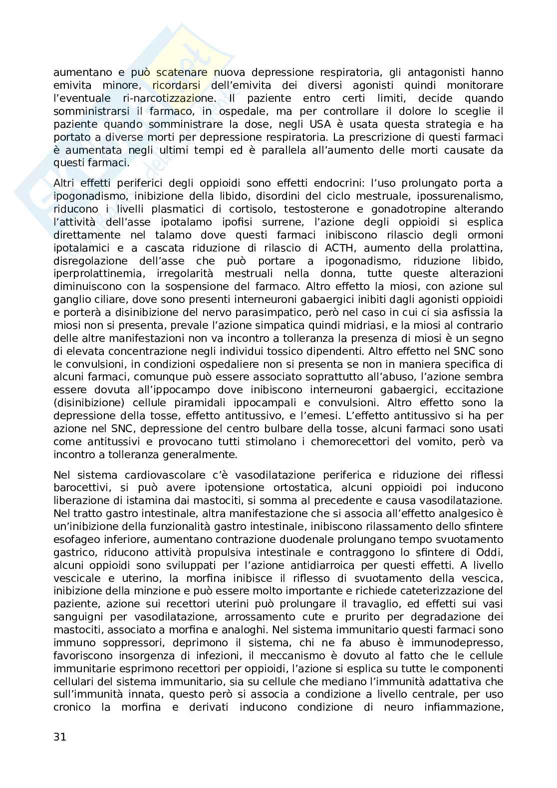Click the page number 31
(60, 737)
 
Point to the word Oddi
(491, 552)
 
